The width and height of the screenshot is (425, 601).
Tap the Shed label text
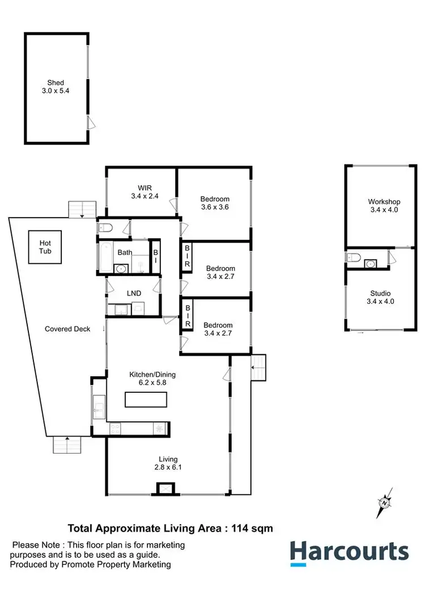[x=56, y=83]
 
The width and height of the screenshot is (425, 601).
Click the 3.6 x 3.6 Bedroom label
[x=215, y=203]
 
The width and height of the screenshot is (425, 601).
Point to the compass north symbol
[x=385, y=502]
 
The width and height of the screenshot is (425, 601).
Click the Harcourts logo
[x=349, y=553]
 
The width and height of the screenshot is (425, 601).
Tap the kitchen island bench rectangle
[x=146, y=400]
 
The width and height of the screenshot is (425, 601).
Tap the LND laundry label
[x=134, y=293]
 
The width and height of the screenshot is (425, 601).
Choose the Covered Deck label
[x=67, y=329]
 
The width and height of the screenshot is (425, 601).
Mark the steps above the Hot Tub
[x=81, y=210]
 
